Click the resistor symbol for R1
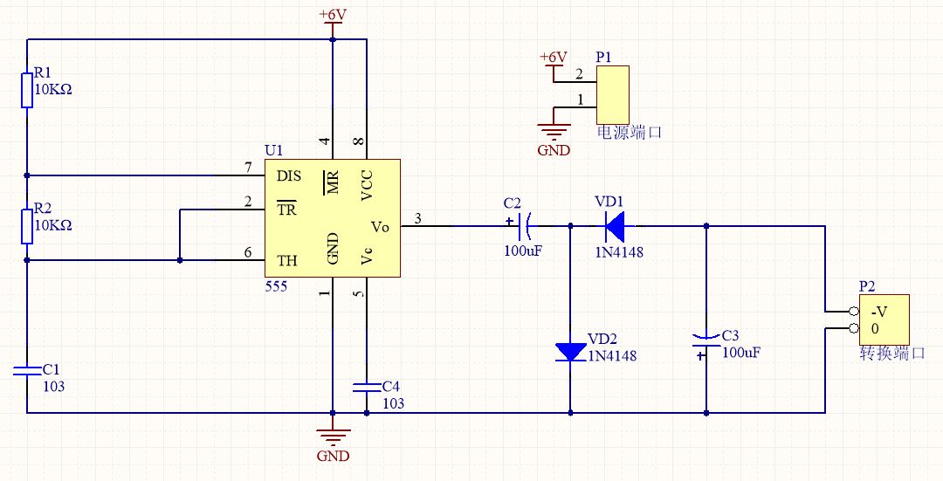[x=27, y=90]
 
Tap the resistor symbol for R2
[x=27, y=227]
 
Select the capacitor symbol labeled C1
[x=27, y=370]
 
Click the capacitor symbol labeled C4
[x=366, y=387]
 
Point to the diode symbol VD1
[x=615, y=226]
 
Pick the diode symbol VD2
[x=570, y=352]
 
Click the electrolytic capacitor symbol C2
[x=522, y=226]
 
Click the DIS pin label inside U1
[x=289, y=176]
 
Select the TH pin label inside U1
[x=287, y=261]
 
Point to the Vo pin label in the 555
[x=380, y=227]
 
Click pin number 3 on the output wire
[x=418, y=219]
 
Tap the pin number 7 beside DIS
[x=248, y=168]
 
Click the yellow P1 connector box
[x=613, y=95]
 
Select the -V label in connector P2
[x=878, y=312]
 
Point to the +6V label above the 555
[x=333, y=14]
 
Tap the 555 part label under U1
[x=276, y=287]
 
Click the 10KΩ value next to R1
[x=53, y=90]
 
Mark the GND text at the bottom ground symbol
[x=334, y=456]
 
